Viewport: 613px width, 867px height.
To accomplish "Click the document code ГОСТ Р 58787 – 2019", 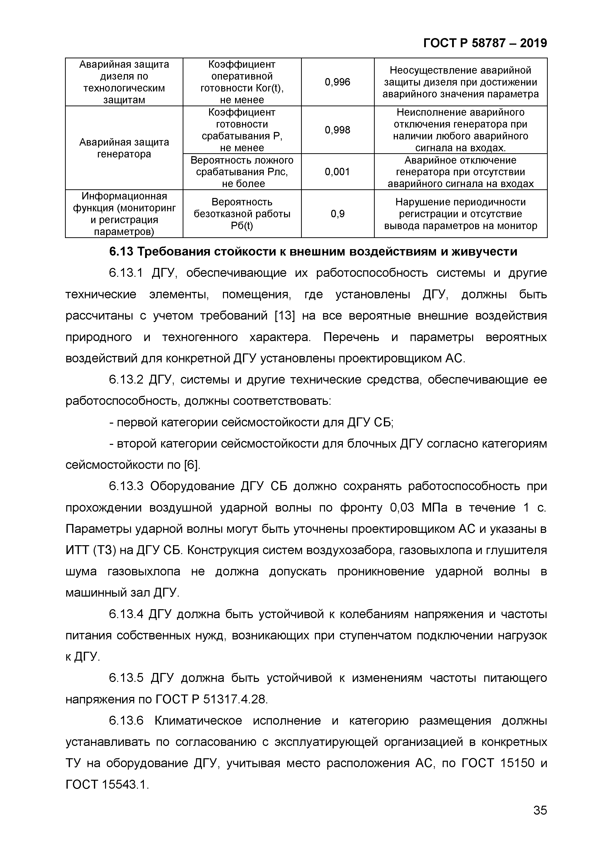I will point(484,43).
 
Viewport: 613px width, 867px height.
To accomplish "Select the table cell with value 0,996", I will point(337,82).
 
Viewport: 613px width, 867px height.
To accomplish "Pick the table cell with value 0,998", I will point(337,130).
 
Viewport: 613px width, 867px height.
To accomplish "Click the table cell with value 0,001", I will point(337,172).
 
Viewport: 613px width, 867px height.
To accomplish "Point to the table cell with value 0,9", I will point(337,214).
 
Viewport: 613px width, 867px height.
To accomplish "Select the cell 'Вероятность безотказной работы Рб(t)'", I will point(242,214).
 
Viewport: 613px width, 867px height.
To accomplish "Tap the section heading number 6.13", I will point(121,252).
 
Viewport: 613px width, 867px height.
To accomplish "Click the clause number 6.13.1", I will point(126,273).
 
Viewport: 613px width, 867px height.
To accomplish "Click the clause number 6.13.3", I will point(126,486).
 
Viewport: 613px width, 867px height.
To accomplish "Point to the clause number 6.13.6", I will point(126,721).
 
